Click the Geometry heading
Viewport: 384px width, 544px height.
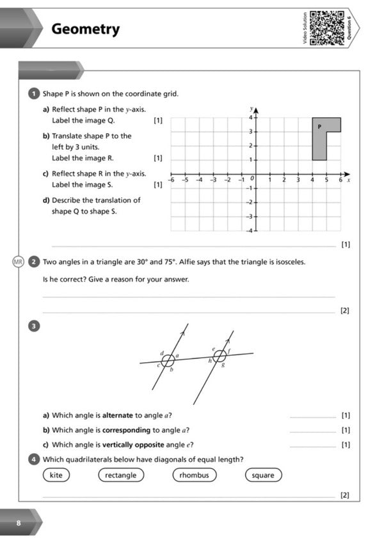pyautogui.click(x=85, y=29)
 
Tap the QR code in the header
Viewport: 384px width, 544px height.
pyautogui.click(x=326, y=29)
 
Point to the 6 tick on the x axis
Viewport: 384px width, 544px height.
pyautogui.click(x=340, y=181)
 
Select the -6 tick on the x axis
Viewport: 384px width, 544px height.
pyautogui.click(x=171, y=181)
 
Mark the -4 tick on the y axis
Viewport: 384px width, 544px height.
pyautogui.click(x=252, y=230)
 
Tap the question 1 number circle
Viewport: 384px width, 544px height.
pyautogui.click(x=36, y=94)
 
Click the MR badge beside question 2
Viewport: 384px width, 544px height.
pyautogui.click(x=19, y=261)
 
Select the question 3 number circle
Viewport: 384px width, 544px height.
pyautogui.click(x=36, y=326)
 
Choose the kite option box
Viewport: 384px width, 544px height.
pyautogui.click(x=56, y=475)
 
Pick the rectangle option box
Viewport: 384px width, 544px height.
pyautogui.click(x=120, y=475)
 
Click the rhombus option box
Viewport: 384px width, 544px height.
pyautogui.click(x=194, y=475)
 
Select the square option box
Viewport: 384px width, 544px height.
pyautogui.click(x=262, y=475)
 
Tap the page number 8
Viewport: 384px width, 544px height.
pyautogui.click(x=19, y=523)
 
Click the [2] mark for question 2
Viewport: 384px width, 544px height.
pyautogui.click(x=345, y=311)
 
